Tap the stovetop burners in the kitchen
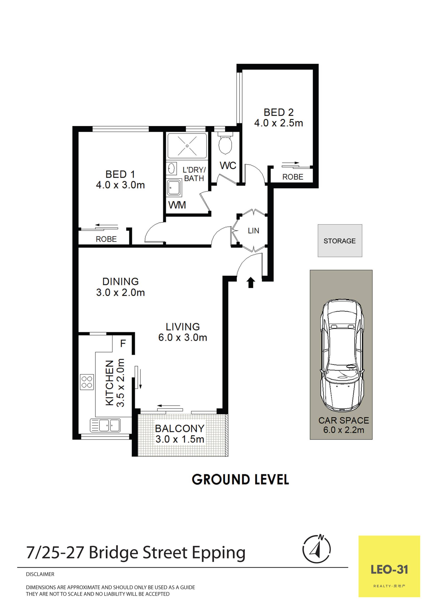point(87,382)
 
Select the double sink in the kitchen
point(105,425)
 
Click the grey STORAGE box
point(340,241)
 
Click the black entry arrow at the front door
point(251,283)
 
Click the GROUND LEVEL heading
point(240,479)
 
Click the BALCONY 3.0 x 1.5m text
point(180,434)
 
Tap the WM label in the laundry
point(177,205)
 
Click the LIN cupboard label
point(253,231)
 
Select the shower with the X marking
point(187,146)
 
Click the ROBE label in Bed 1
point(106,239)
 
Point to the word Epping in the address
point(218,553)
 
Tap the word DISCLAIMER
point(40,574)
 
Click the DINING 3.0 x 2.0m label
point(121,287)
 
